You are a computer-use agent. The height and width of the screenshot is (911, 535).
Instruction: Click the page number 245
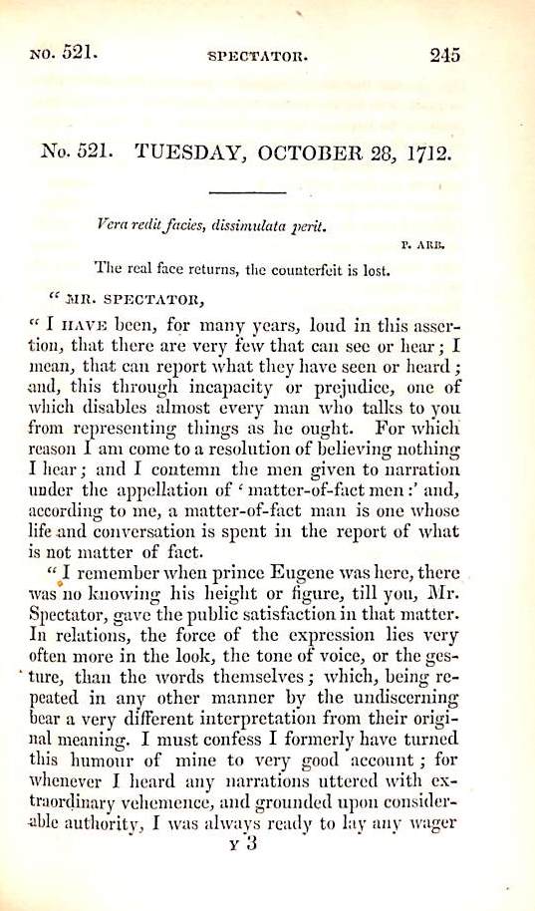[x=445, y=56]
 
